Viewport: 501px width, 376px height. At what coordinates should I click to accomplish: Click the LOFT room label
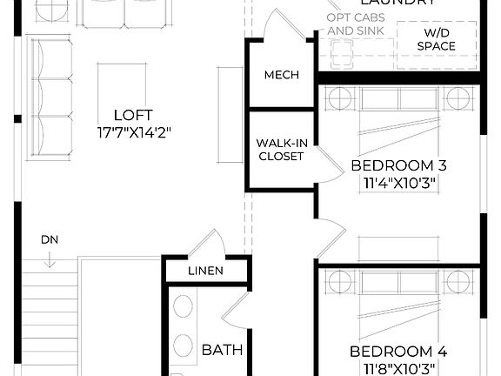pos(133,115)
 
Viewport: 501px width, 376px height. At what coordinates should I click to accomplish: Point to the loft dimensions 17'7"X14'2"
pos(133,133)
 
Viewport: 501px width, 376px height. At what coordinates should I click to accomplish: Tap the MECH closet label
pos(281,75)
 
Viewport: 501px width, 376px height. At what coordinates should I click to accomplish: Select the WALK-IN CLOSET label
pos(279,150)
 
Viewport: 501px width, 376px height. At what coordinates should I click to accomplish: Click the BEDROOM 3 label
pos(398,165)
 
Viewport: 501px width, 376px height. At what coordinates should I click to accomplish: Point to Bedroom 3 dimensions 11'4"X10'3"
pos(398,184)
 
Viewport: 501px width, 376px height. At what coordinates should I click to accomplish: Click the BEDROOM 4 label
pos(398,352)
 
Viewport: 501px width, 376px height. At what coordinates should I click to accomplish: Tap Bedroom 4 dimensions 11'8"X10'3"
pos(398,369)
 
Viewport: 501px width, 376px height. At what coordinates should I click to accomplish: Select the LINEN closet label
pos(205,271)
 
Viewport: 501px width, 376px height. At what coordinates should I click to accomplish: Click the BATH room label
pos(222,350)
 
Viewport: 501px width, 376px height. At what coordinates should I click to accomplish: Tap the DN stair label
pos(49,239)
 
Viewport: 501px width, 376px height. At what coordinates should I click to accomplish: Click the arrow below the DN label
pos(50,258)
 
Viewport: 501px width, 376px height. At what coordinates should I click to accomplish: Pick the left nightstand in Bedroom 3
pos(340,98)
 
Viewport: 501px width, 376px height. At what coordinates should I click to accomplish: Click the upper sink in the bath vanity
pos(184,307)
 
